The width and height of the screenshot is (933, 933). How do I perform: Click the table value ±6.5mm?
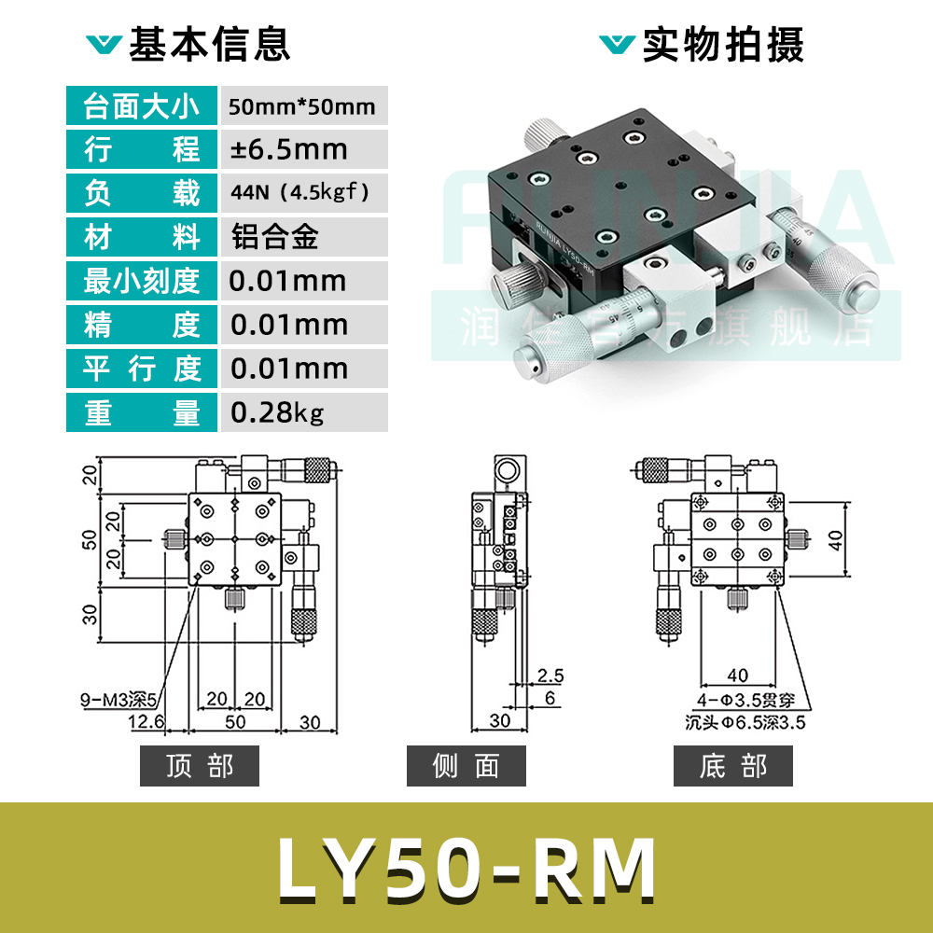click(x=288, y=149)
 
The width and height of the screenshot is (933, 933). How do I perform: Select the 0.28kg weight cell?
click(x=277, y=412)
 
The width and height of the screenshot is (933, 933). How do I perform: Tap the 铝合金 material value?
click(x=274, y=237)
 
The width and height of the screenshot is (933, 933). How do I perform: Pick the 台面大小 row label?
click(x=142, y=105)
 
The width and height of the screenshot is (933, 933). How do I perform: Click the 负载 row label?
click(x=142, y=193)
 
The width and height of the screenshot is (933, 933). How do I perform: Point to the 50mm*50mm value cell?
click(x=301, y=105)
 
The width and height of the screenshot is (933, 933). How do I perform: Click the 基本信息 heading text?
click(x=209, y=45)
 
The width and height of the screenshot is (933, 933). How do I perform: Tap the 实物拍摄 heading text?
click(x=723, y=45)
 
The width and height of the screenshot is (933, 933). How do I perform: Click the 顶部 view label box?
click(x=199, y=766)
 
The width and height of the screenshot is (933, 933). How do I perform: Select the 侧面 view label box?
click(x=466, y=766)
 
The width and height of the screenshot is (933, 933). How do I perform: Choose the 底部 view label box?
click(x=732, y=766)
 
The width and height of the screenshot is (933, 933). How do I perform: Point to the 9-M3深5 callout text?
click(x=121, y=698)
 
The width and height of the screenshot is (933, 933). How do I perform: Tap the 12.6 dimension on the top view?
click(x=146, y=721)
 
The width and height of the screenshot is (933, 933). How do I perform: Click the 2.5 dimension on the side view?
click(x=551, y=675)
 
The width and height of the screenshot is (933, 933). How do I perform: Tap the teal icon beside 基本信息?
click(x=103, y=45)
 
